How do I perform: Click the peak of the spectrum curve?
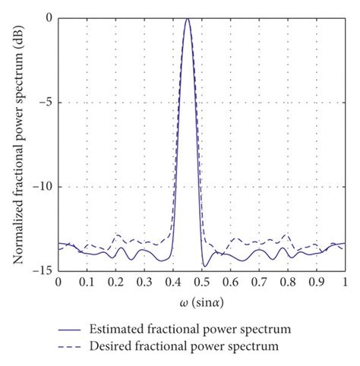click(188, 19)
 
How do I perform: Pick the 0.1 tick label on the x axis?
click(87, 282)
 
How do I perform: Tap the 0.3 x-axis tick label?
click(144, 282)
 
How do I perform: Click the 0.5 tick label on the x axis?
click(201, 282)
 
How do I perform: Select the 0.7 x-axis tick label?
click(259, 282)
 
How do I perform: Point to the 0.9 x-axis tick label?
click(316, 282)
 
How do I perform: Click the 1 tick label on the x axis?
click(345, 282)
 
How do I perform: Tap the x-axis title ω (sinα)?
click(201, 301)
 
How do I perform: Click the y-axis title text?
click(17, 144)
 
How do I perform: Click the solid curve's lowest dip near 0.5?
click(204, 267)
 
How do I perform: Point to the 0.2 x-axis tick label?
click(115, 282)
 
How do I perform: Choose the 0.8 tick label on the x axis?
click(288, 282)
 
